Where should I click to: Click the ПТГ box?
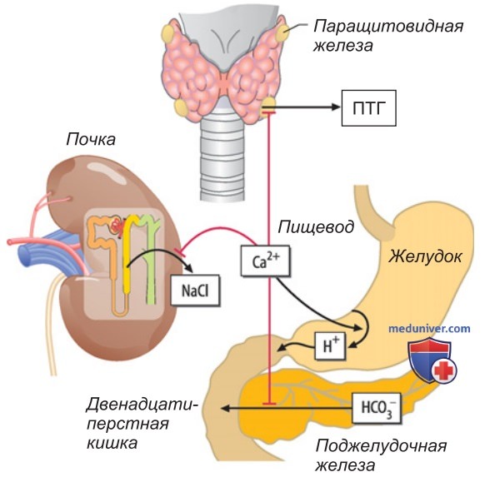pos(368,108)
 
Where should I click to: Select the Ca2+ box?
pos(265,261)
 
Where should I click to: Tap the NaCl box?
pos(195,290)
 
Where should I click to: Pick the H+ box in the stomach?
pos(330,346)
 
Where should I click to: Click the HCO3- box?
pos(377,408)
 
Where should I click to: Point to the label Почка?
pos(91,140)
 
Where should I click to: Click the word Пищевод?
pos(316,226)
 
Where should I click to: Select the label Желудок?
pos(425,257)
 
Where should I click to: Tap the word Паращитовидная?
pos(388,27)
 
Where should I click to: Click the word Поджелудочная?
pos(381,446)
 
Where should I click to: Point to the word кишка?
pos(112,443)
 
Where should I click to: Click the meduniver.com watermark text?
pos(429,328)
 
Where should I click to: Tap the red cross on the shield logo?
pos(444,371)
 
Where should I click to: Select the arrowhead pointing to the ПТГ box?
pos(335,107)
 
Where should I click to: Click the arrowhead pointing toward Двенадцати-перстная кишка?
pos(226,408)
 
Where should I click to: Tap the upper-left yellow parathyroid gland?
pos(168,32)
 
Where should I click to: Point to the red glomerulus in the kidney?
pos(117,226)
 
